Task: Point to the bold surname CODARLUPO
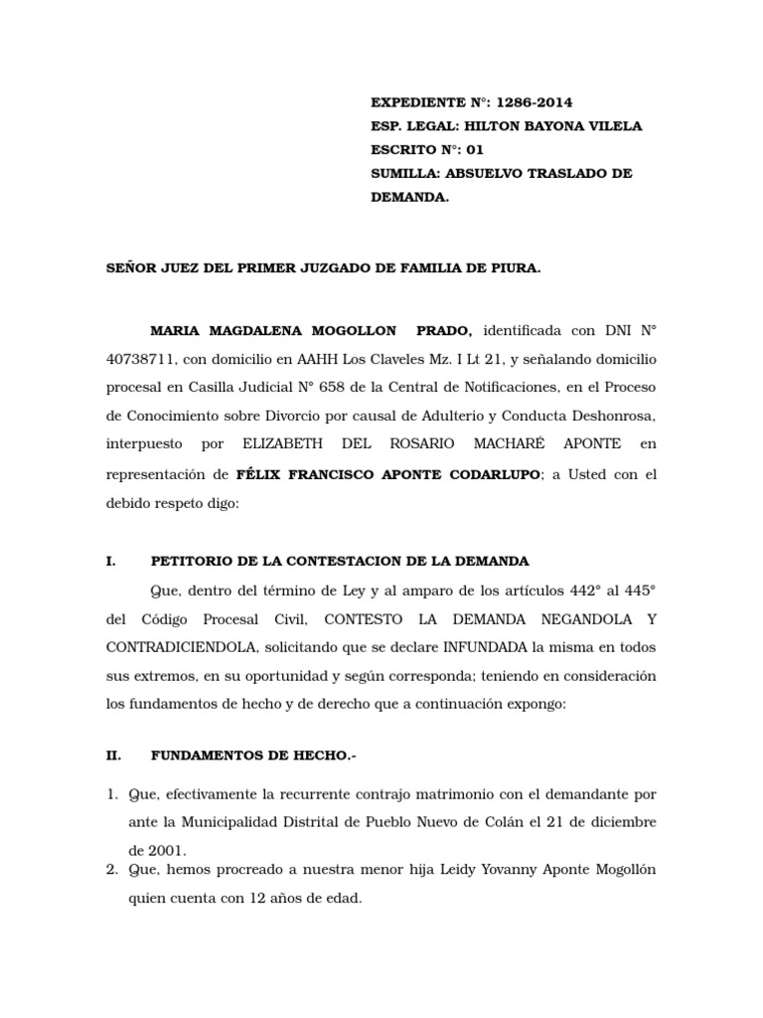point(488,474)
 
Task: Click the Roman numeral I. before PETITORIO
point(111,562)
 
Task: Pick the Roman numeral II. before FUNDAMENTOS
point(113,756)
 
